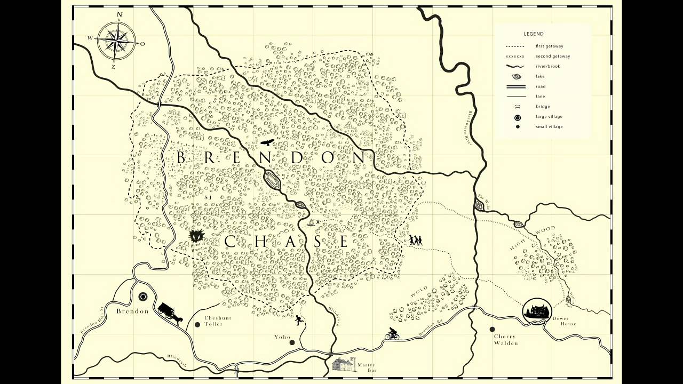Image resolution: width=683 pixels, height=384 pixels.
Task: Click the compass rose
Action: pos(116,40)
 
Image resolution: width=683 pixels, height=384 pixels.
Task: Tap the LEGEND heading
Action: pos(534,34)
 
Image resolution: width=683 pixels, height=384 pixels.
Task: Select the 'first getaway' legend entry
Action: pos(549,46)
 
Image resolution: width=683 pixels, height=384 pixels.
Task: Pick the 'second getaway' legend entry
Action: pos(553,57)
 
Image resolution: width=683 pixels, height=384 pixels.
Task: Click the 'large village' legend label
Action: pos(549,117)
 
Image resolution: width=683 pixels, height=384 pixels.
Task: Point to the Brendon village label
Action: pos(132,311)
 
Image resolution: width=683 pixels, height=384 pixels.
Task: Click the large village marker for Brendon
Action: pos(143,297)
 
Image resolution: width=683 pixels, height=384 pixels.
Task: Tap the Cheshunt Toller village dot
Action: pos(197,324)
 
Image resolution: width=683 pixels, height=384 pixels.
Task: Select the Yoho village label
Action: pos(282,337)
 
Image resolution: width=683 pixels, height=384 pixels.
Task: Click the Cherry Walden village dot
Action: pos(492,329)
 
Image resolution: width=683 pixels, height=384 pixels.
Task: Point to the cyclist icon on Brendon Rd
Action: pos(392,334)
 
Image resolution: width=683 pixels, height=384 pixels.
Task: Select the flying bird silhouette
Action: pos(267,142)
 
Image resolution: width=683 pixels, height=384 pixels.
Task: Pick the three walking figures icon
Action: pos(416,241)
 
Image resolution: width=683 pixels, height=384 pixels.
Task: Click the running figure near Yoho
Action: pos(299,320)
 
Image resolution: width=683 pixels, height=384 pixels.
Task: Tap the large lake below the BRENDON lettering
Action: pos(272,180)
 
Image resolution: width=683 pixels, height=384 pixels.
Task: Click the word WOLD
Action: pos(419,293)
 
